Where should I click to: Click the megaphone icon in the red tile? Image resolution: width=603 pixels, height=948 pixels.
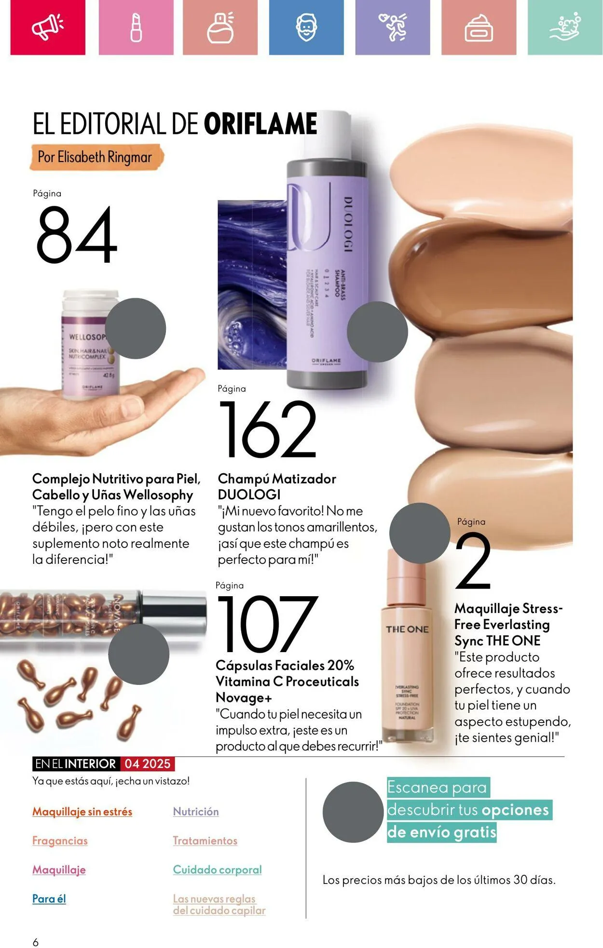pos(47,27)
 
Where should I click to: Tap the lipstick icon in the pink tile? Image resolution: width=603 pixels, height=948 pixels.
pos(136,27)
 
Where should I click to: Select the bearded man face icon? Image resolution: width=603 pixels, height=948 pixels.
pos(306,27)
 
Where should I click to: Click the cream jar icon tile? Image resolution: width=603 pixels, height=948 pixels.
pos(479,28)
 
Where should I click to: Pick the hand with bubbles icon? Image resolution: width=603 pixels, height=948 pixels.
pos(565,28)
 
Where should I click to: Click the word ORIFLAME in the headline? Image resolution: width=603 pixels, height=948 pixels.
pos(260,124)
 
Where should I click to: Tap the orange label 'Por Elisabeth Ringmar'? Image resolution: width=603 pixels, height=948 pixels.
pos(95,157)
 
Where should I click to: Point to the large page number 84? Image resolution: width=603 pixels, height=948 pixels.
pos(76,235)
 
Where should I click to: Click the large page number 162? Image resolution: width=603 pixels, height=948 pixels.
pos(268,429)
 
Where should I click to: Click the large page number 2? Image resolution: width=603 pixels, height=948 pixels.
pos(473,561)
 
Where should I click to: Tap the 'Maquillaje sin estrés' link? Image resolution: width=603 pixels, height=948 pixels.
pos(82,812)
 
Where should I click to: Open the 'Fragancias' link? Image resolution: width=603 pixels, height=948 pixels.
pos(60,841)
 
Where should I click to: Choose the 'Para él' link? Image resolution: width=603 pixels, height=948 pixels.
pos(49,898)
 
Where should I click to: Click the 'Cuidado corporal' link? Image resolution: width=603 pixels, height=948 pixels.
pos(217,869)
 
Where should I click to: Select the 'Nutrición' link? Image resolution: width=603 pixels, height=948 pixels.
pos(196,812)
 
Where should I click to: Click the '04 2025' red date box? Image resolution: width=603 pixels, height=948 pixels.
pos(147,764)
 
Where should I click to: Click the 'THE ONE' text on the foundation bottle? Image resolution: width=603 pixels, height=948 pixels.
pos(407,629)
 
